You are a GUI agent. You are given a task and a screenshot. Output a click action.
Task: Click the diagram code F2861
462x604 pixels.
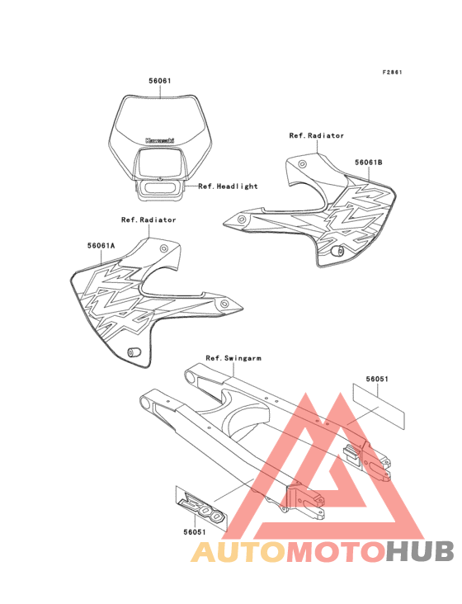pyautogui.click(x=392, y=72)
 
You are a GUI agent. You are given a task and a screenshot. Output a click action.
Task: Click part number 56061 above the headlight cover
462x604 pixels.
pyautogui.click(x=160, y=81)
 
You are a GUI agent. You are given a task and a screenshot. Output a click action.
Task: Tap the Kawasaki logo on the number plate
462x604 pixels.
pyautogui.click(x=160, y=140)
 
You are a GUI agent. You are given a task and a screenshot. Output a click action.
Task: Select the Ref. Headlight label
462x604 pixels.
pyautogui.click(x=228, y=186)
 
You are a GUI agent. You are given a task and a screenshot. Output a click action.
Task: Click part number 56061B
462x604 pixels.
pyautogui.click(x=369, y=163)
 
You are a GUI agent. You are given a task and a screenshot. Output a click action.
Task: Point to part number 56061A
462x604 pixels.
pyautogui.click(x=101, y=246)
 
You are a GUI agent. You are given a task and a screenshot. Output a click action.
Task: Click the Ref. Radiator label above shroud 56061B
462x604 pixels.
pyautogui.click(x=317, y=135)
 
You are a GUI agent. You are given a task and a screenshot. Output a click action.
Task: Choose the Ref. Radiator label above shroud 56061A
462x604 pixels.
pyautogui.click(x=148, y=220)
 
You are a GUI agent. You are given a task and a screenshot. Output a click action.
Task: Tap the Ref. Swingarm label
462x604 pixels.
pyautogui.click(x=233, y=358)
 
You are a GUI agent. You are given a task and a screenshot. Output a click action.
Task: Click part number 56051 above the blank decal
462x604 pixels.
pyautogui.click(x=377, y=379)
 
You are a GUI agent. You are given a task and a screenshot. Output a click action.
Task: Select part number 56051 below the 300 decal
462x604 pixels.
pyautogui.click(x=195, y=532)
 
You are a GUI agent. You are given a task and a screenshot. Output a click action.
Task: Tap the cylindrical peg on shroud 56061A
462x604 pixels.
pyautogui.click(x=134, y=352)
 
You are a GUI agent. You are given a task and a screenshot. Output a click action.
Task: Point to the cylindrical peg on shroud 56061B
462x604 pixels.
pyautogui.click(x=337, y=251)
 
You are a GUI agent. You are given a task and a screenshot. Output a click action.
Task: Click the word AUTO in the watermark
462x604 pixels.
pyautogui.click(x=238, y=552)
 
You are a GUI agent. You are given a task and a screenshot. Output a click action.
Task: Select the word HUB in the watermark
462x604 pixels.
pyautogui.click(x=421, y=552)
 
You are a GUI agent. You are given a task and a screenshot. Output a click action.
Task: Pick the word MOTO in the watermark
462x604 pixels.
pyautogui.click(x=337, y=552)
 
